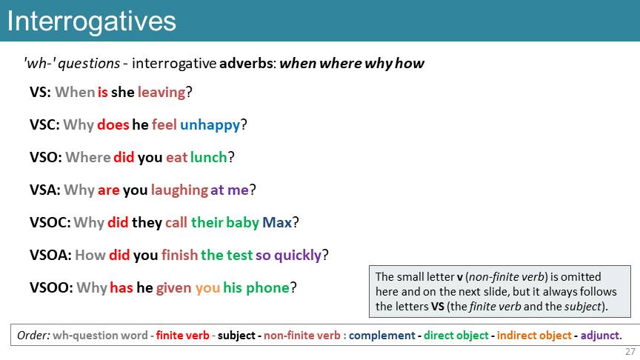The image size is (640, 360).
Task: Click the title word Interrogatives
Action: coord(91,22)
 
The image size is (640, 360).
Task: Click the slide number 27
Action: coord(630,351)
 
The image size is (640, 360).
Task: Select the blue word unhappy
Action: coord(210,125)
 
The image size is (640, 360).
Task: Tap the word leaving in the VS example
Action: coord(161,93)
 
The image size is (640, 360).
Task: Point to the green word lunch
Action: coord(209,157)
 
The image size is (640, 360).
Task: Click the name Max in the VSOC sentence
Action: coord(277,222)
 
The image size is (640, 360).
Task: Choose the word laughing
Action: coord(179,190)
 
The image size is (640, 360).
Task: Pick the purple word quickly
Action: coord(298,256)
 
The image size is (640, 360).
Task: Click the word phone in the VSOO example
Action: coord(267,287)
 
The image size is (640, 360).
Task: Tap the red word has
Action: coord(121,287)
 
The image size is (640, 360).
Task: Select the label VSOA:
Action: coord(50,255)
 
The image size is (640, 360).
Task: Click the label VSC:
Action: coord(45,124)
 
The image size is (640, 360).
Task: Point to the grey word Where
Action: coord(87,157)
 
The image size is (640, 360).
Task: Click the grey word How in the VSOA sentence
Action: coord(90,255)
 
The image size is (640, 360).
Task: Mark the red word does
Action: coord(113,124)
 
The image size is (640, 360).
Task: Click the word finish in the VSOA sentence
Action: coord(179,255)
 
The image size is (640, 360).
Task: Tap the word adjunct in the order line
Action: coord(600,336)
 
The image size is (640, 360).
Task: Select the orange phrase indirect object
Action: coord(534,336)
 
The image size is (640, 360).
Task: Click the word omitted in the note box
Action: coord(581,277)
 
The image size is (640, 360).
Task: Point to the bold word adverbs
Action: coord(246,63)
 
